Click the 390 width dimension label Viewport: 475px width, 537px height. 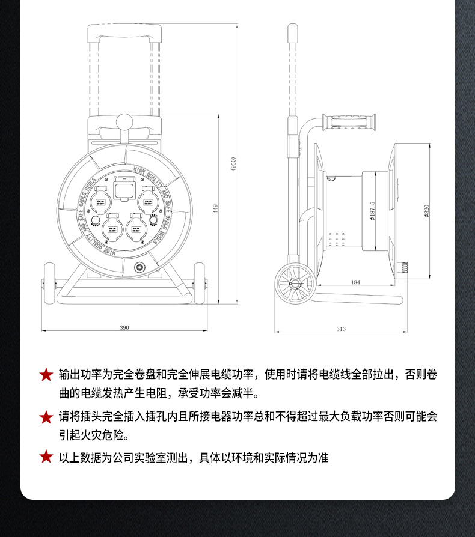(124, 327)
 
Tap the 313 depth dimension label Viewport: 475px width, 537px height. (341, 329)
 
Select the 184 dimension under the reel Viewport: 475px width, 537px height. (355, 282)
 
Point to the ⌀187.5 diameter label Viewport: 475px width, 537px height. (373, 211)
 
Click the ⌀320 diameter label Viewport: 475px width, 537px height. (426, 211)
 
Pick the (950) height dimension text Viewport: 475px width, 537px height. (233, 164)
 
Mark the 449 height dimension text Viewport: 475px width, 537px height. (215, 208)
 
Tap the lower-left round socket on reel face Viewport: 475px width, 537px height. (111, 226)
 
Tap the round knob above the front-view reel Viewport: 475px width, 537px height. (124, 122)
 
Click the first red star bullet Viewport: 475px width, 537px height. (46, 375)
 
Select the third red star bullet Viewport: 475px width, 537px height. (46, 457)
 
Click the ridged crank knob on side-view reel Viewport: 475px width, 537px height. (406, 267)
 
